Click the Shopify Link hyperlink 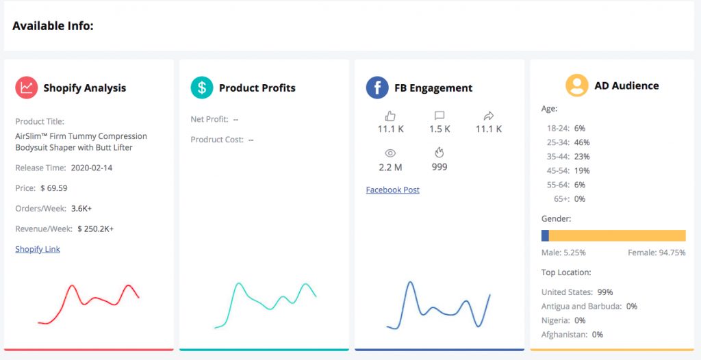[x=38, y=249]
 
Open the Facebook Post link [x=392, y=190]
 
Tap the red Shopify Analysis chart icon [x=27, y=87]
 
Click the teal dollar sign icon [x=202, y=87]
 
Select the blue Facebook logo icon [x=377, y=87]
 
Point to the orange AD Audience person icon [x=576, y=85]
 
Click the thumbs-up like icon [x=390, y=116]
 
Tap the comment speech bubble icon [x=439, y=116]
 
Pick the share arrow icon [x=489, y=116]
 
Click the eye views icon [x=390, y=153]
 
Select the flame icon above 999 [x=439, y=153]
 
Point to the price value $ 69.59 [x=53, y=188]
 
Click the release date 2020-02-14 [x=92, y=168]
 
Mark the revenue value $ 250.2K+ [x=96, y=229]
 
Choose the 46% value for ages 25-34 [x=582, y=142]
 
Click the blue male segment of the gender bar [x=545, y=235]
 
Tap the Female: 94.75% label [x=657, y=253]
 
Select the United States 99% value [x=605, y=292]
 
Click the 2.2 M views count [x=390, y=167]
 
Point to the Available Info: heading [x=53, y=26]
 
